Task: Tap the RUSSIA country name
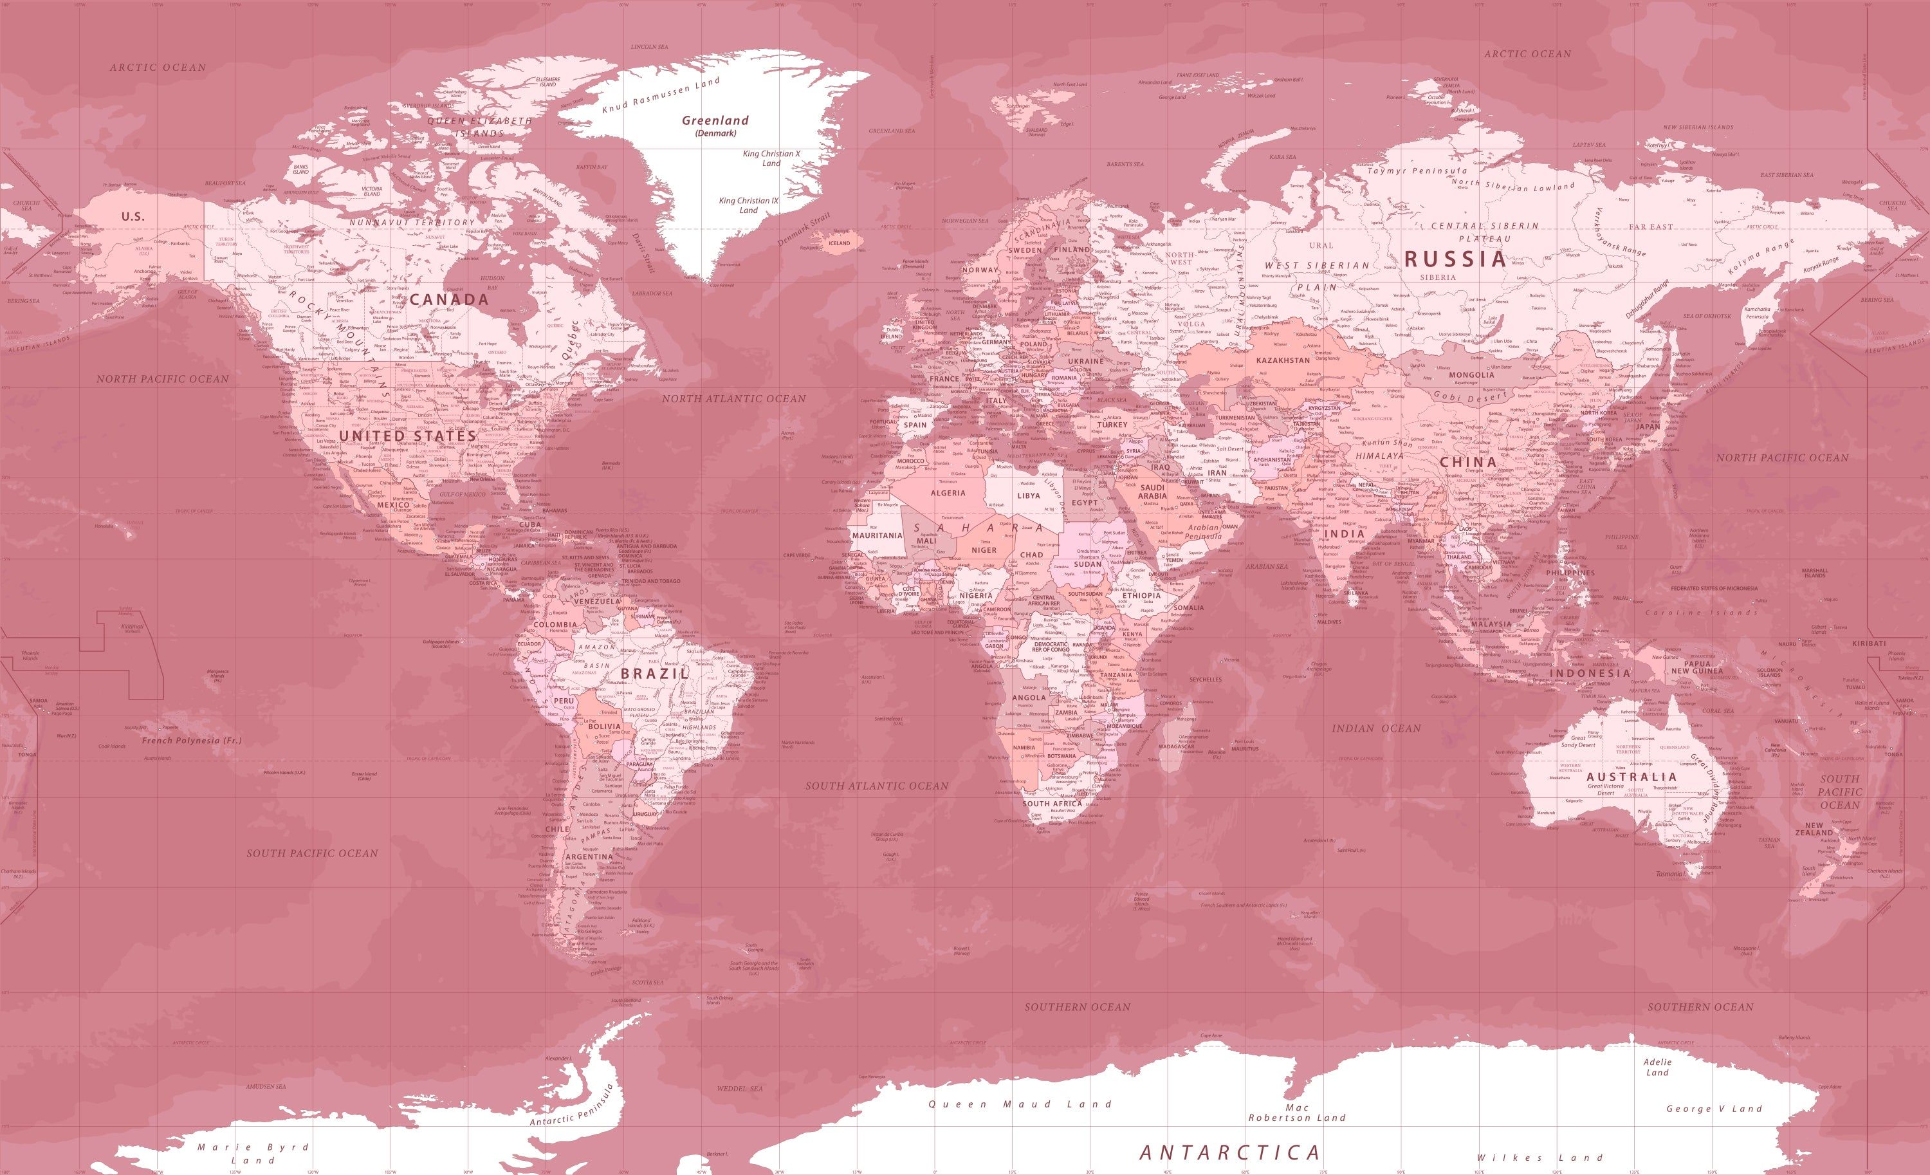1455,259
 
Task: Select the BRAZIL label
655,673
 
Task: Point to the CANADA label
449,299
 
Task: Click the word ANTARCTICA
1230,1152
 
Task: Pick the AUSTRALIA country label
1631,777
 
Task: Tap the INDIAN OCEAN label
1376,728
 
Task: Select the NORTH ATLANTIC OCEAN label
733,399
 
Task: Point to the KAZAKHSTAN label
1282,360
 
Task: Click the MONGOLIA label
1471,375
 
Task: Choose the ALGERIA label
948,493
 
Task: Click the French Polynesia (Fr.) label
192,740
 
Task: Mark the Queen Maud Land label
1020,1104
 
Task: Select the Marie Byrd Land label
253,1153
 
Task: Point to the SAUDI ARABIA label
1152,491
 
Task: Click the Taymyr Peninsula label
1417,171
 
